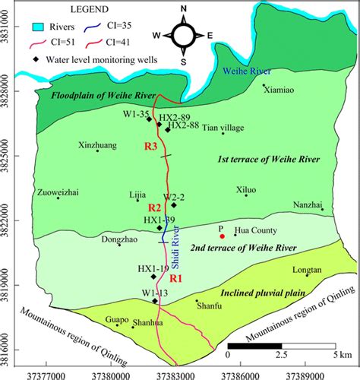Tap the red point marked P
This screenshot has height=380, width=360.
(222, 246)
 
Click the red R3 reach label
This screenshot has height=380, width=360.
(150, 145)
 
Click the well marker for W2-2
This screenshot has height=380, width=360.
(174, 205)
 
